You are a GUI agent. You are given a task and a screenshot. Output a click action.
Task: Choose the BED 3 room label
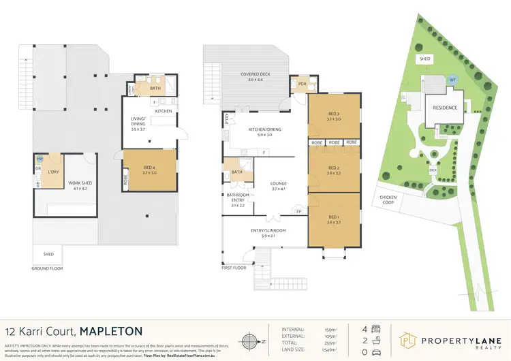333,116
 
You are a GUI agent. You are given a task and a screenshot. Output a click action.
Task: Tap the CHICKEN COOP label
388,200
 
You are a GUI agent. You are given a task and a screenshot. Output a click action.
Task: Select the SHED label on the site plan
424,59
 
